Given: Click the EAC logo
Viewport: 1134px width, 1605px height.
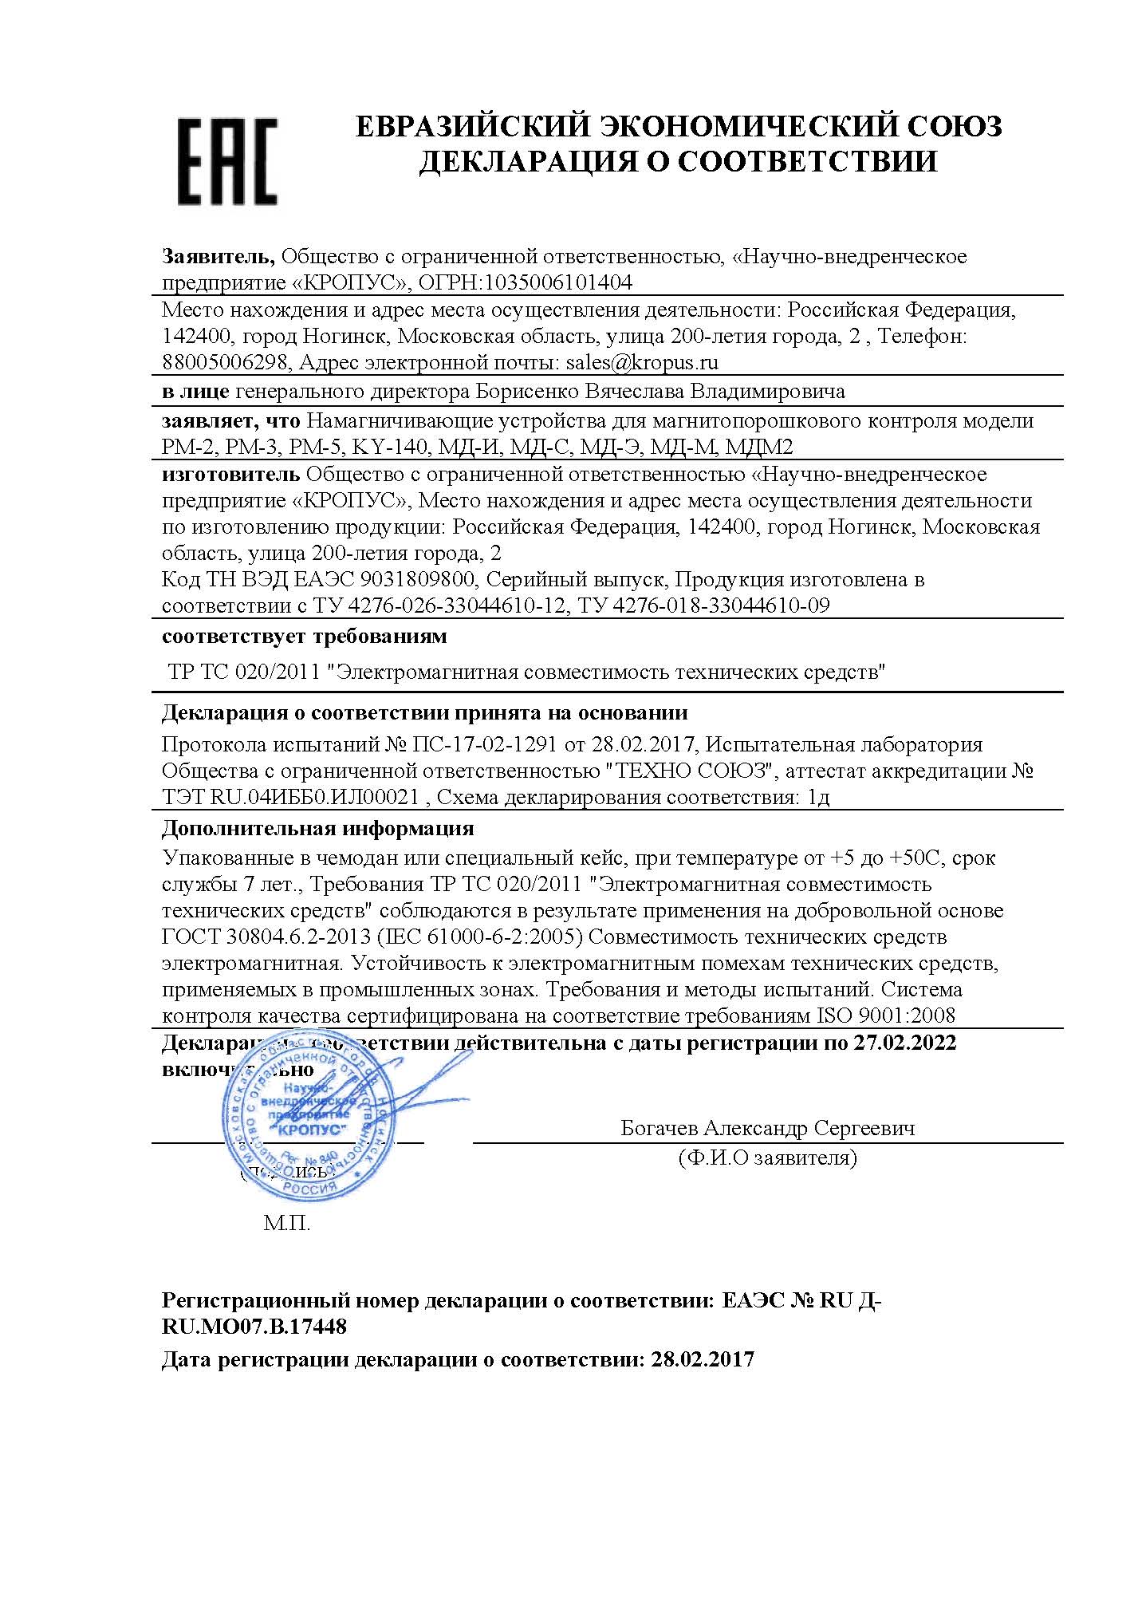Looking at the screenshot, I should tap(227, 162).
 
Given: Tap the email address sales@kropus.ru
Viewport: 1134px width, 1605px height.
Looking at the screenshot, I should tap(642, 363).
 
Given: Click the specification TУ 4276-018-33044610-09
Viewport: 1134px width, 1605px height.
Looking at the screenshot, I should tap(704, 605).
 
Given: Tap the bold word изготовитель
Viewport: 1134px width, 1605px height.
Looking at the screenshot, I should tap(230, 475).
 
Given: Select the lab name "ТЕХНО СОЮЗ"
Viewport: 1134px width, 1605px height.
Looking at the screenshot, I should tap(691, 771).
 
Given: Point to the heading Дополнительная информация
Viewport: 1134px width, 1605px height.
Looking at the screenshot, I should tap(317, 828).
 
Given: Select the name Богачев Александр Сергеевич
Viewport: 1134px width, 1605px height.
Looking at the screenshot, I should tap(767, 1128).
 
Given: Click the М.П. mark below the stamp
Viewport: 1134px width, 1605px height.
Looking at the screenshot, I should tap(287, 1224).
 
